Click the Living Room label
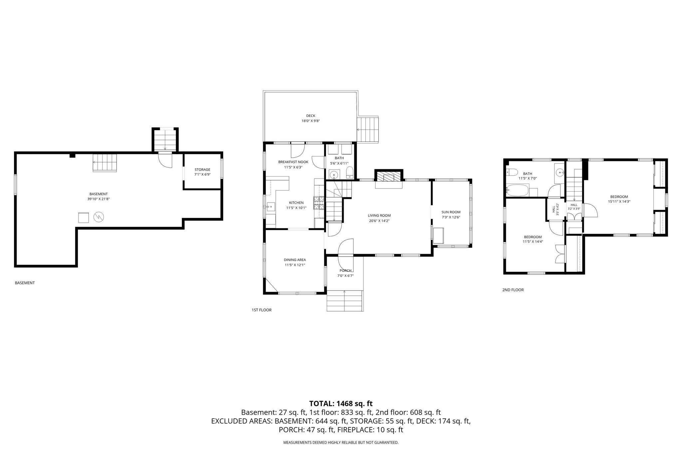tap(379, 216)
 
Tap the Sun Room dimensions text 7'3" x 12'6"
tap(451, 217)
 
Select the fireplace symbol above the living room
tap(389, 177)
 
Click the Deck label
tap(311, 116)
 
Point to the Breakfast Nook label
tap(293, 162)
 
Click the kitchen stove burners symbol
tap(319, 203)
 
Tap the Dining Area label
tap(295, 260)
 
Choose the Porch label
tap(345, 270)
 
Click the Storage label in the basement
tap(202, 170)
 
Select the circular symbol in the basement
tap(99, 217)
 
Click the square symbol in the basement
tap(84, 218)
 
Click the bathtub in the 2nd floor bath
tap(517, 191)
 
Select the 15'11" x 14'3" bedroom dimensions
tap(619, 202)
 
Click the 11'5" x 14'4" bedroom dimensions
tap(533, 242)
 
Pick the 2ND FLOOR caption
tap(513, 290)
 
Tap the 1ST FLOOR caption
tap(261, 310)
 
